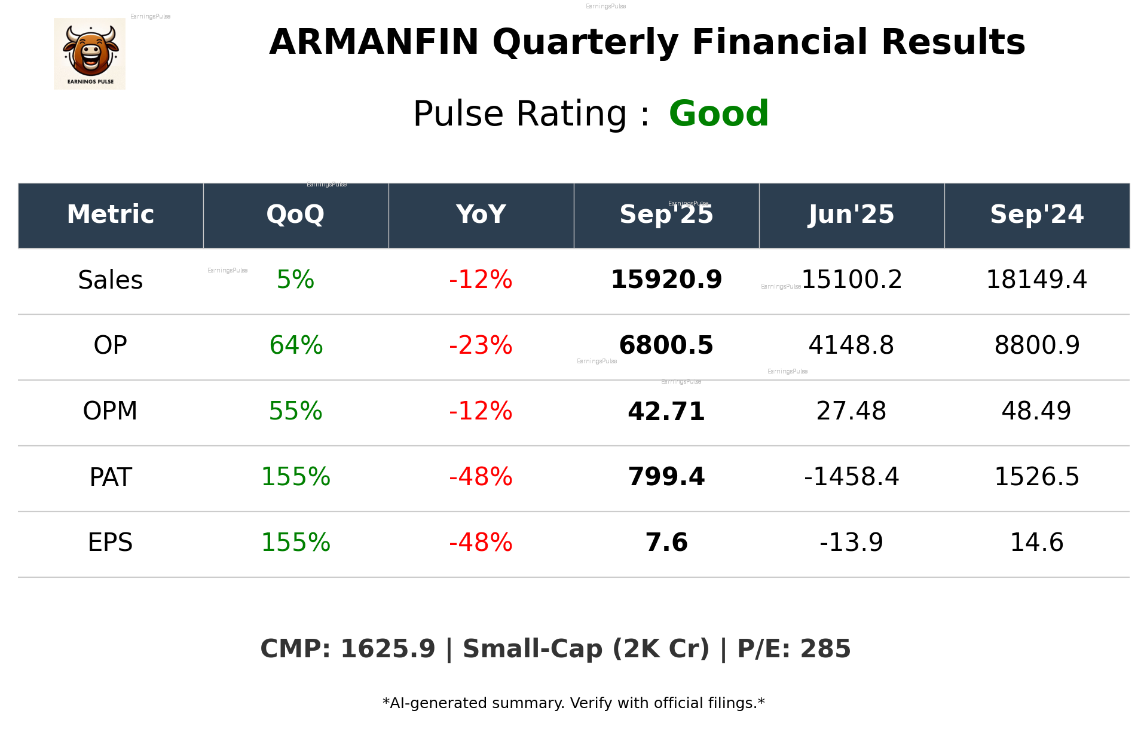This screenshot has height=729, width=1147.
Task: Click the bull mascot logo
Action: (x=90, y=53)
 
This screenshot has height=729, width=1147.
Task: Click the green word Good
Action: (x=718, y=114)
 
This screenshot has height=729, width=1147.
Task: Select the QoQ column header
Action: (x=295, y=215)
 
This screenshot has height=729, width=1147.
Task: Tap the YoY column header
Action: (x=481, y=215)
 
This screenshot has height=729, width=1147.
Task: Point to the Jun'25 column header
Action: (x=851, y=215)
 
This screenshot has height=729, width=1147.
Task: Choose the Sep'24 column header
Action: (x=1036, y=215)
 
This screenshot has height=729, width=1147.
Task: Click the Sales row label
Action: (x=111, y=280)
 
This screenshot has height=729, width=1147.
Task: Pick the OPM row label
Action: (x=111, y=411)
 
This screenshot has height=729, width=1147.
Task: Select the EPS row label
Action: (x=111, y=543)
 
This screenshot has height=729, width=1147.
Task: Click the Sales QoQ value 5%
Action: (x=295, y=280)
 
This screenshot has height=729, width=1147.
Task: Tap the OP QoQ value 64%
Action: (x=296, y=345)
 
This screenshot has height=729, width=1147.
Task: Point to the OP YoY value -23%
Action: (x=481, y=345)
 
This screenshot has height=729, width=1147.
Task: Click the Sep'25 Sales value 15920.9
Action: (x=666, y=280)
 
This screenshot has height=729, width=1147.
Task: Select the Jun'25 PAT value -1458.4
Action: (x=851, y=477)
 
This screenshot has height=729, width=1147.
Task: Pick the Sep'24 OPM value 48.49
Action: (x=1036, y=411)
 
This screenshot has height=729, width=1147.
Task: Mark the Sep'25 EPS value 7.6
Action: (x=666, y=543)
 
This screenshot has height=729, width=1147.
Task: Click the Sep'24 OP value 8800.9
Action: (x=1037, y=345)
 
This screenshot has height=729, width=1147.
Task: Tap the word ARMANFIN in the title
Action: (x=374, y=42)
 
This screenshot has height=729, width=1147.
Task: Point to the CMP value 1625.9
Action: (x=388, y=649)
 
